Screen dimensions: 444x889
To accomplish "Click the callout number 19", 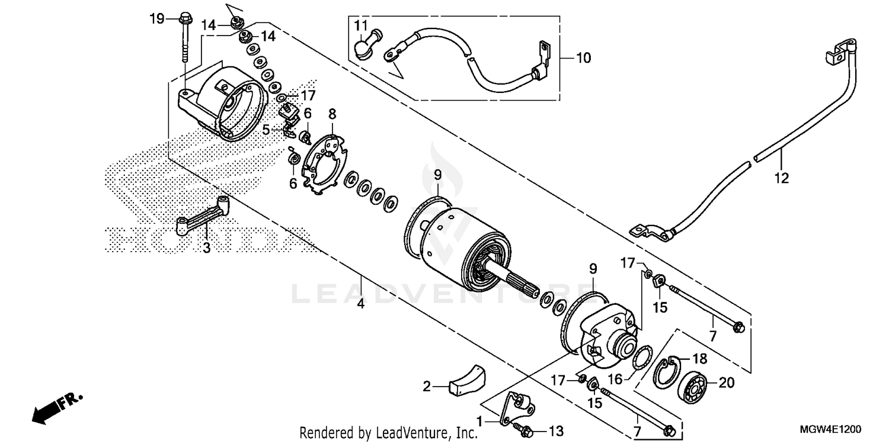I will (x=156, y=19).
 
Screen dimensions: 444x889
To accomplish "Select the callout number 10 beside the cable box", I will (x=583, y=58).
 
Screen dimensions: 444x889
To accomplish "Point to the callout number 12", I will (x=782, y=177).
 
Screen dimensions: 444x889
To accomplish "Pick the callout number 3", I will (x=206, y=248).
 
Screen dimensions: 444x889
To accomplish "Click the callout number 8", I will (x=332, y=112).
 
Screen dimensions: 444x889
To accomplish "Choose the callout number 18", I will (x=699, y=359).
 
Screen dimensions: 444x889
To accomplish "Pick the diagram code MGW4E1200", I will (x=836, y=429).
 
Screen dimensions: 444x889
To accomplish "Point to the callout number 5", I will (x=267, y=128).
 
